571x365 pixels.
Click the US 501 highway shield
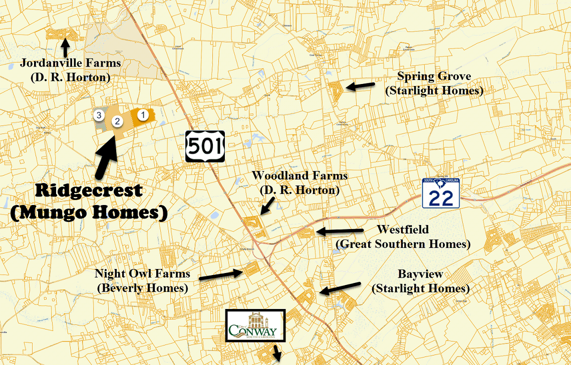click(x=205, y=146)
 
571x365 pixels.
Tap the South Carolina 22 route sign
click(x=441, y=193)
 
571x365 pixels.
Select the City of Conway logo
click(x=255, y=326)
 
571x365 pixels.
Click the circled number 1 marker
click(x=143, y=115)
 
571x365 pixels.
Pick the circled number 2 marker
click(x=117, y=121)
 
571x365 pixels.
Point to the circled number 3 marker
click(x=99, y=115)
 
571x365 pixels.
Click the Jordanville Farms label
click(x=70, y=63)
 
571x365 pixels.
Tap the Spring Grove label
click(x=434, y=76)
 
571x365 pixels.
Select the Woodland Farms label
click(x=300, y=176)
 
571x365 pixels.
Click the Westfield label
click(x=403, y=229)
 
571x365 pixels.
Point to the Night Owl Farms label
click(x=143, y=274)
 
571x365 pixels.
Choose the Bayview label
click(x=420, y=274)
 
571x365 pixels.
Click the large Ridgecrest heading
click(x=89, y=190)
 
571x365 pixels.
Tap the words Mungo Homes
click(x=88, y=212)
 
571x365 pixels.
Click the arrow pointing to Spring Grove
click(x=361, y=86)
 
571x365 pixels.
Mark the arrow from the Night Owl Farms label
click(x=220, y=274)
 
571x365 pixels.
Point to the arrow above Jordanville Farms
click(x=65, y=48)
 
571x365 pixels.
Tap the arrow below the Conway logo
click(x=276, y=353)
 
